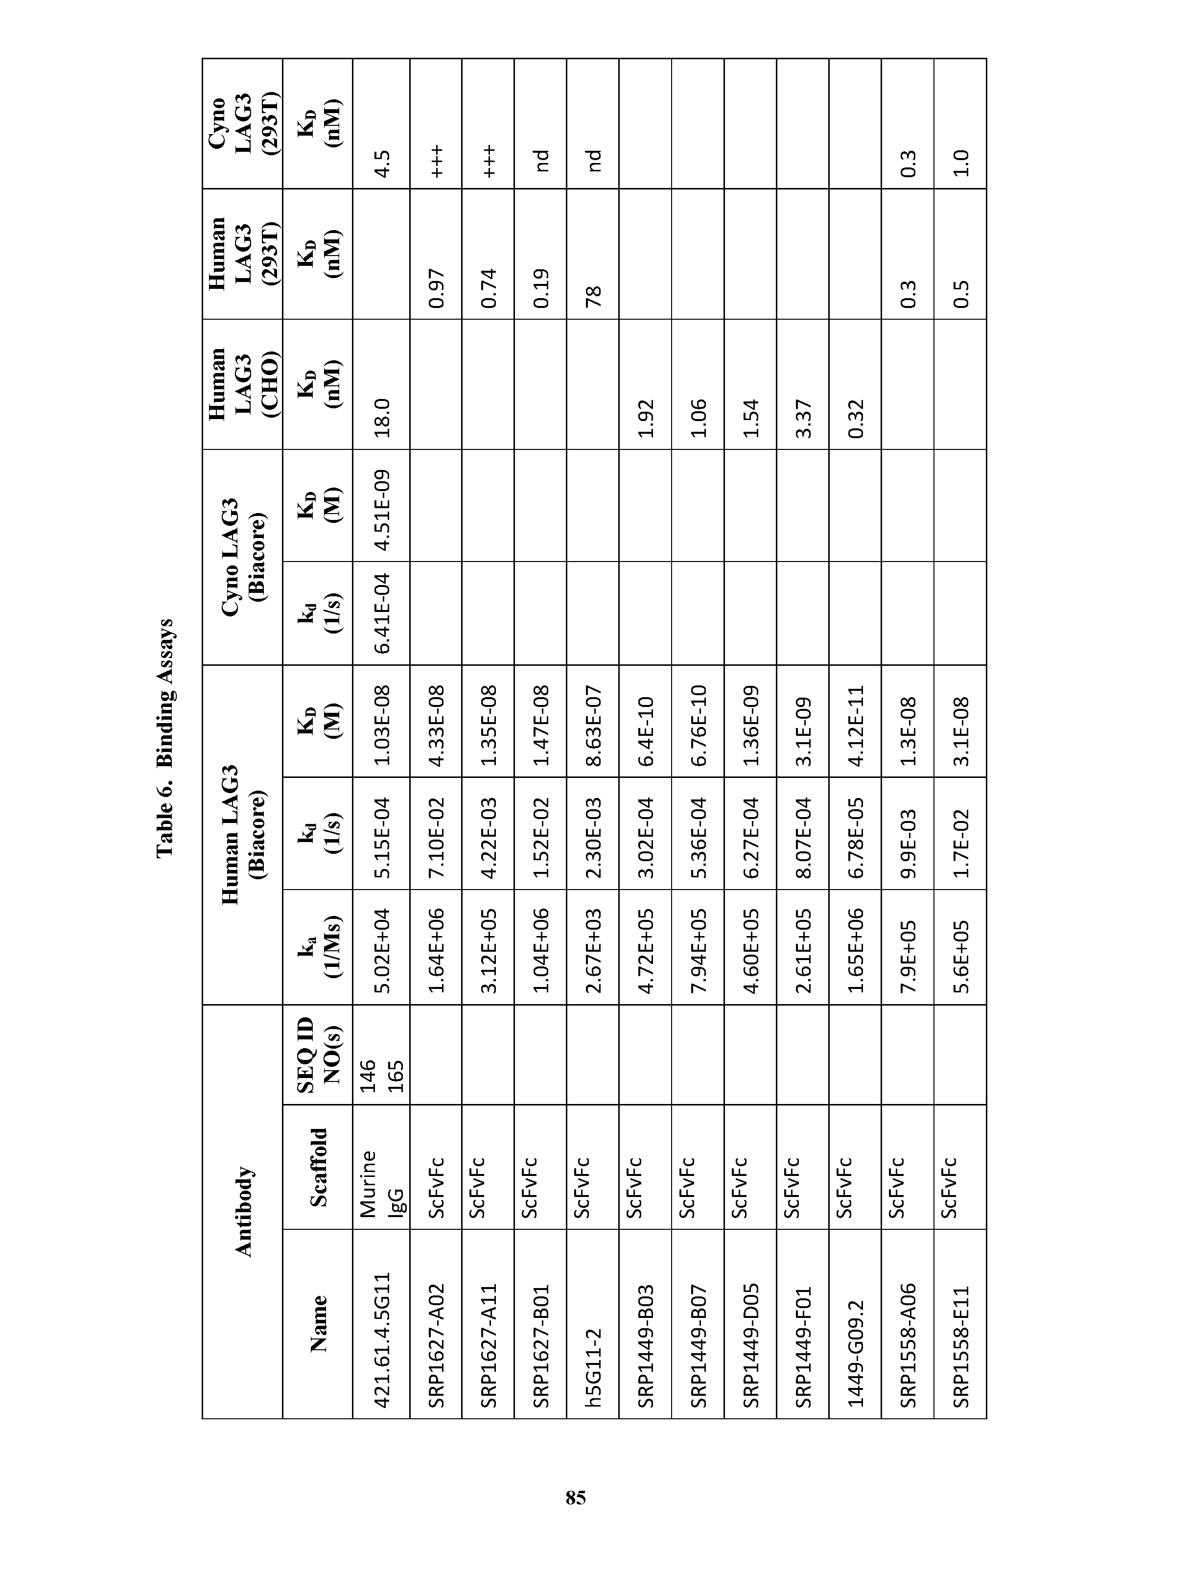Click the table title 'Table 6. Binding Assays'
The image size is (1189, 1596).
pyautogui.click(x=165, y=737)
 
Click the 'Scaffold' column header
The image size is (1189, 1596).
pyautogui.click(x=317, y=1167)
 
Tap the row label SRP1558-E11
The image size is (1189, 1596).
pyautogui.click(x=960, y=1346)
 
